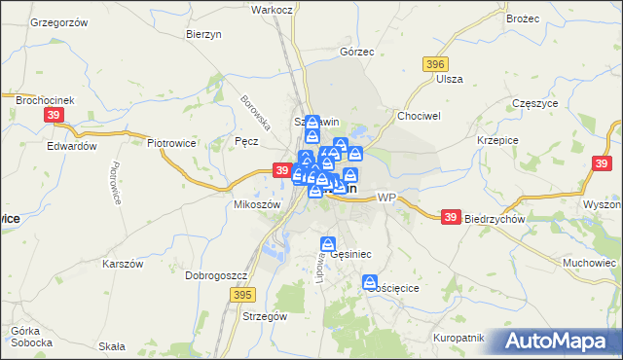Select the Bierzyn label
coord(205,33)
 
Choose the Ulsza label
coord(450,79)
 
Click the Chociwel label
coord(419,115)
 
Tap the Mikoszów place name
coord(257,204)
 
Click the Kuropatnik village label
coord(459,337)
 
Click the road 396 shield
coord(436,63)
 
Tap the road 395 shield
coord(243,293)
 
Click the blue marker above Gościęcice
coord(371,282)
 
